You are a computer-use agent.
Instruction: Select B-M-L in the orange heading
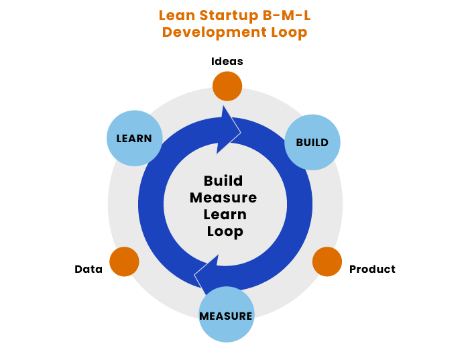point(286,15)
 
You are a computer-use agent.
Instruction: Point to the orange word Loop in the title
point(289,32)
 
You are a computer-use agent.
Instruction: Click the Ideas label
point(227,61)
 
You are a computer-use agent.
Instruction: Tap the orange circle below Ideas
point(227,86)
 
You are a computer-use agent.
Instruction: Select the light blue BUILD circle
point(312,142)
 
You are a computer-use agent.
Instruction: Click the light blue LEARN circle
point(134,138)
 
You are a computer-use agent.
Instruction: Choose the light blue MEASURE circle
point(227,314)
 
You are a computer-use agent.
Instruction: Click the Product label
point(372,269)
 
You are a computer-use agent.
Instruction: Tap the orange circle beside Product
point(327,261)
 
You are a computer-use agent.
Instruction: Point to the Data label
point(89,269)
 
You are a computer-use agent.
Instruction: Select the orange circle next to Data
point(124,261)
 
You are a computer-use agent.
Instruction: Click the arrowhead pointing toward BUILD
point(229,131)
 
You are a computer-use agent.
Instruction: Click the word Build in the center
point(223,181)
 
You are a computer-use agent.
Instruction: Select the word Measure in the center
point(223,198)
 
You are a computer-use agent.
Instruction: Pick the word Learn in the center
point(225,215)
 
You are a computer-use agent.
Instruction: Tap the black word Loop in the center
point(225,231)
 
